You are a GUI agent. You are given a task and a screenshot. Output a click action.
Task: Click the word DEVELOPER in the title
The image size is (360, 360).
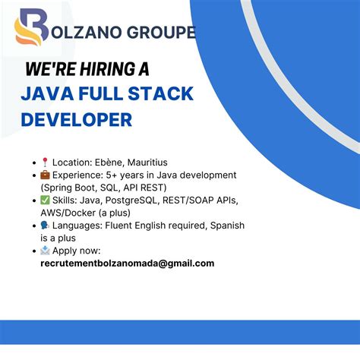77,119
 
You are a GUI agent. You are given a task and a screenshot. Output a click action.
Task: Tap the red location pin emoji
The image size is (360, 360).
45,162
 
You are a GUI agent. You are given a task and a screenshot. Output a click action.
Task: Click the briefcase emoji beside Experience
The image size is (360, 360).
45,175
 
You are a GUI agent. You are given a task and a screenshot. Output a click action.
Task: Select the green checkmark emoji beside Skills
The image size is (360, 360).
45,200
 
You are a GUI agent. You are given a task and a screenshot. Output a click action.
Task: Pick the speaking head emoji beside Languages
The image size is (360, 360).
45,226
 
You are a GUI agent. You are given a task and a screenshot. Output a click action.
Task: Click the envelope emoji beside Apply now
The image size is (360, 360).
45,251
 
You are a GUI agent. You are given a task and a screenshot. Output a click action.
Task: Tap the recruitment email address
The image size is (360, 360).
127,264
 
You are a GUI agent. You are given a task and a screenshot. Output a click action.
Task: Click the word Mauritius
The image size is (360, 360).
147,162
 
